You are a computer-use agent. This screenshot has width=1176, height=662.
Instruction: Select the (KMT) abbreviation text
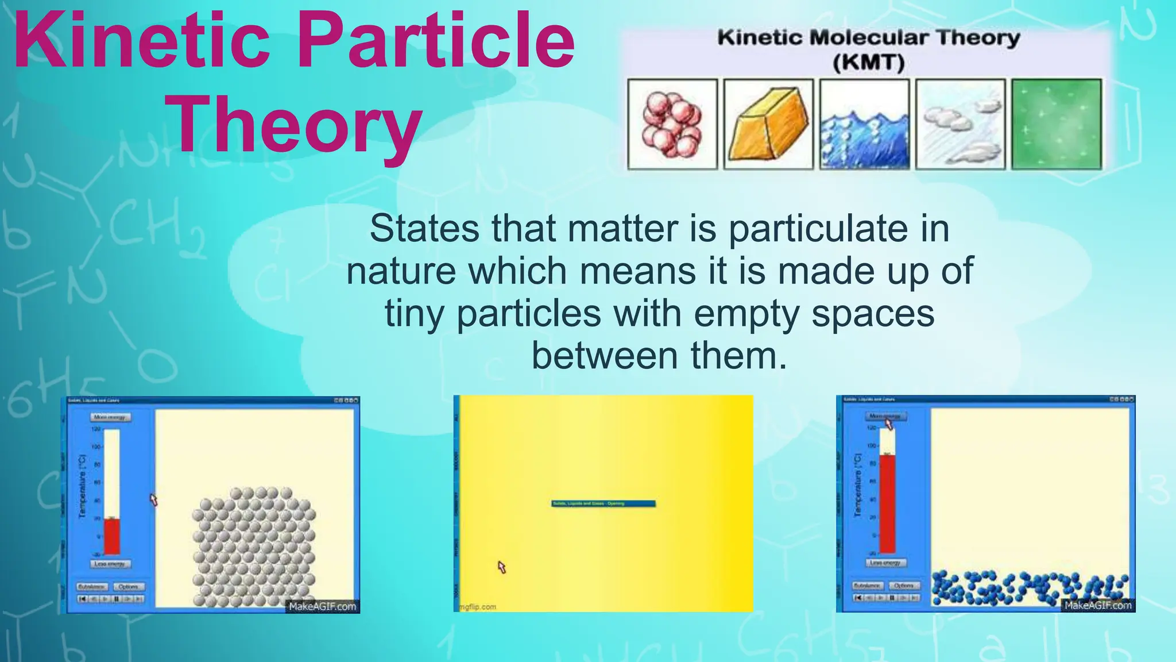pyautogui.click(x=868, y=61)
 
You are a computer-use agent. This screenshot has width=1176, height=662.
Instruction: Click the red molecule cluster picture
pyautogui.click(x=672, y=124)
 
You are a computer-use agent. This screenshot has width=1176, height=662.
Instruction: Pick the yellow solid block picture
pyautogui.click(x=768, y=124)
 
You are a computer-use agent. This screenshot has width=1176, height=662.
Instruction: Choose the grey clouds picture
pyautogui.click(x=960, y=124)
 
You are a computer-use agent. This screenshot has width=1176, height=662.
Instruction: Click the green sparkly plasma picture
pyautogui.click(x=1057, y=124)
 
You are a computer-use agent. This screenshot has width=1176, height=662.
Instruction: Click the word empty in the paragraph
pyautogui.click(x=745, y=314)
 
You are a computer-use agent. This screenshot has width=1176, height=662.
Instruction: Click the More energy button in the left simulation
pyautogui.click(x=110, y=417)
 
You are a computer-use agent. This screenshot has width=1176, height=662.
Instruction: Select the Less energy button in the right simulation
pyautogui.click(x=885, y=563)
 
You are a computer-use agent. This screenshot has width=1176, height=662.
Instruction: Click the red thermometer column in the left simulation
pyautogui.click(x=111, y=536)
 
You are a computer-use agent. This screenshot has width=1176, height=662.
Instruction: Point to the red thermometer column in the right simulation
pyautogui.click(x=887, y=503)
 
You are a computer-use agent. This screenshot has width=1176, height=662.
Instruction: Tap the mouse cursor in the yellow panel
pyautogui.click(x=501, y=567)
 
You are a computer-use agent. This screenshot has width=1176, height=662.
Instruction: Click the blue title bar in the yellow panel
pyautogui.click(x=603, y=503)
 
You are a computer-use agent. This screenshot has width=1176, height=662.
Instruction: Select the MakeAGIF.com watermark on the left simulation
pyautogui.click(x=322, y=606)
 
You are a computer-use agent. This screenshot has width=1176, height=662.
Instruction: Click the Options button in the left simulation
pyautogui.click(x=129, y=587)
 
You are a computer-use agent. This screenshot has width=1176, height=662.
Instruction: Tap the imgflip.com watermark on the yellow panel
pyautogui.click(x=478, y=607)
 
